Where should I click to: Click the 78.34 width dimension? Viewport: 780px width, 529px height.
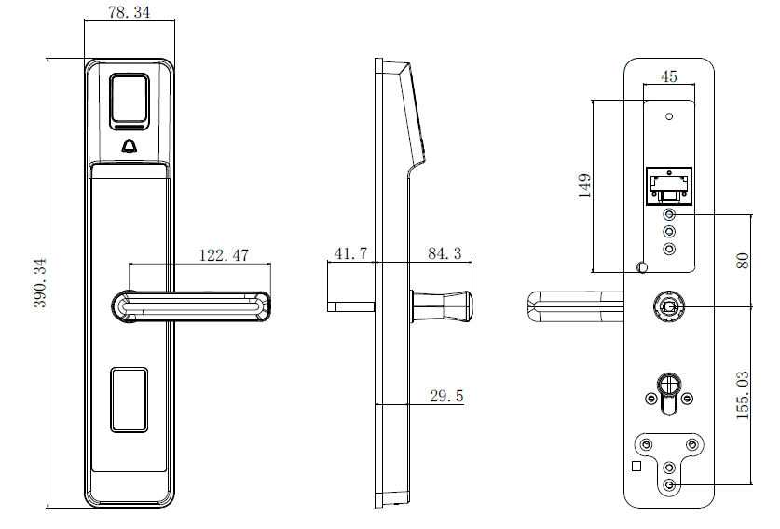click(129, 12)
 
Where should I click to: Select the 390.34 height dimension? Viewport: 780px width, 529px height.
click(40, 283)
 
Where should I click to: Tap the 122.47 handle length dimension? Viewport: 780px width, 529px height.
click(224, 255)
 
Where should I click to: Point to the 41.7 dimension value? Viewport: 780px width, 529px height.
click(350, 253)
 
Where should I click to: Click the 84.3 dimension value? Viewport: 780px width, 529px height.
click(445, 253)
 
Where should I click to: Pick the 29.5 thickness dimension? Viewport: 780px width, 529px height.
click(446, 396)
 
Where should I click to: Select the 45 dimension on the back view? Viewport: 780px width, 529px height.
click(668, 76)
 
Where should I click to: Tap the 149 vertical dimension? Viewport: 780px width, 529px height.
click(585, 185)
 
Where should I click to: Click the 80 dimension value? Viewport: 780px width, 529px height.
click(742, 261)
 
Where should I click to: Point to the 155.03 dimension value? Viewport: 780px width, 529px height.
click(742, 395)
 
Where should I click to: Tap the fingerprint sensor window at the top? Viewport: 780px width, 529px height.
click(130, 99)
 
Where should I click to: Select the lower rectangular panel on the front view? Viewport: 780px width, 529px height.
click(130, 400)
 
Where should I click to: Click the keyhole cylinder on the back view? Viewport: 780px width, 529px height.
click(668, 394)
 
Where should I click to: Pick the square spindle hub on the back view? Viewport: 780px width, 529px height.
click(668, 306)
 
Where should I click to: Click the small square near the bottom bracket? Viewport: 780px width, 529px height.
click(636, 467)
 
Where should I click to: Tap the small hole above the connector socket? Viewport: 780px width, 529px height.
click(669, 116)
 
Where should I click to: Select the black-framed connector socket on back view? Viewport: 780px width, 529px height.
click(668, 186)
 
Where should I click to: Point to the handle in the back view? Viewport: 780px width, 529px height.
click(575, 306)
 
